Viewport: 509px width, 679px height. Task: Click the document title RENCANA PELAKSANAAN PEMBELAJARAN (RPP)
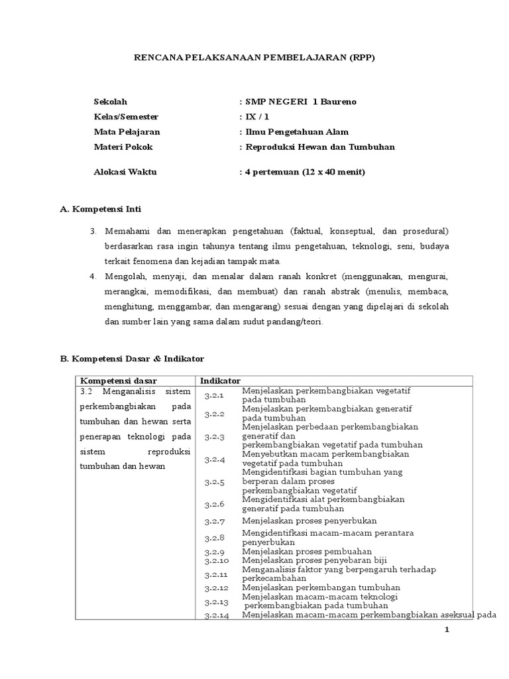(254, 58)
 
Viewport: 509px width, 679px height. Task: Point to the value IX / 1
(258, 117)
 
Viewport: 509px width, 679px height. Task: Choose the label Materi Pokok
(123, 147)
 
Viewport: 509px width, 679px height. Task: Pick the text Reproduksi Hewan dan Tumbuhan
(319, 147)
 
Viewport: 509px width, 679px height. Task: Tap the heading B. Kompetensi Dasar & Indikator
(132, 358)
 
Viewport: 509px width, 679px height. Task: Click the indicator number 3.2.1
(215, 396)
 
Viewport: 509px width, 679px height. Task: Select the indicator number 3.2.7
(215, 521)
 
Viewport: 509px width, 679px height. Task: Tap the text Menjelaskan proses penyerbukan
(310, 521)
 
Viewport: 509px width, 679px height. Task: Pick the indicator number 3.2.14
(217, 615)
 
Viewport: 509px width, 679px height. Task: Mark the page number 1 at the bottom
(447, 631)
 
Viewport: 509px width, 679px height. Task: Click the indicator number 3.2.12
(217, 587)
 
